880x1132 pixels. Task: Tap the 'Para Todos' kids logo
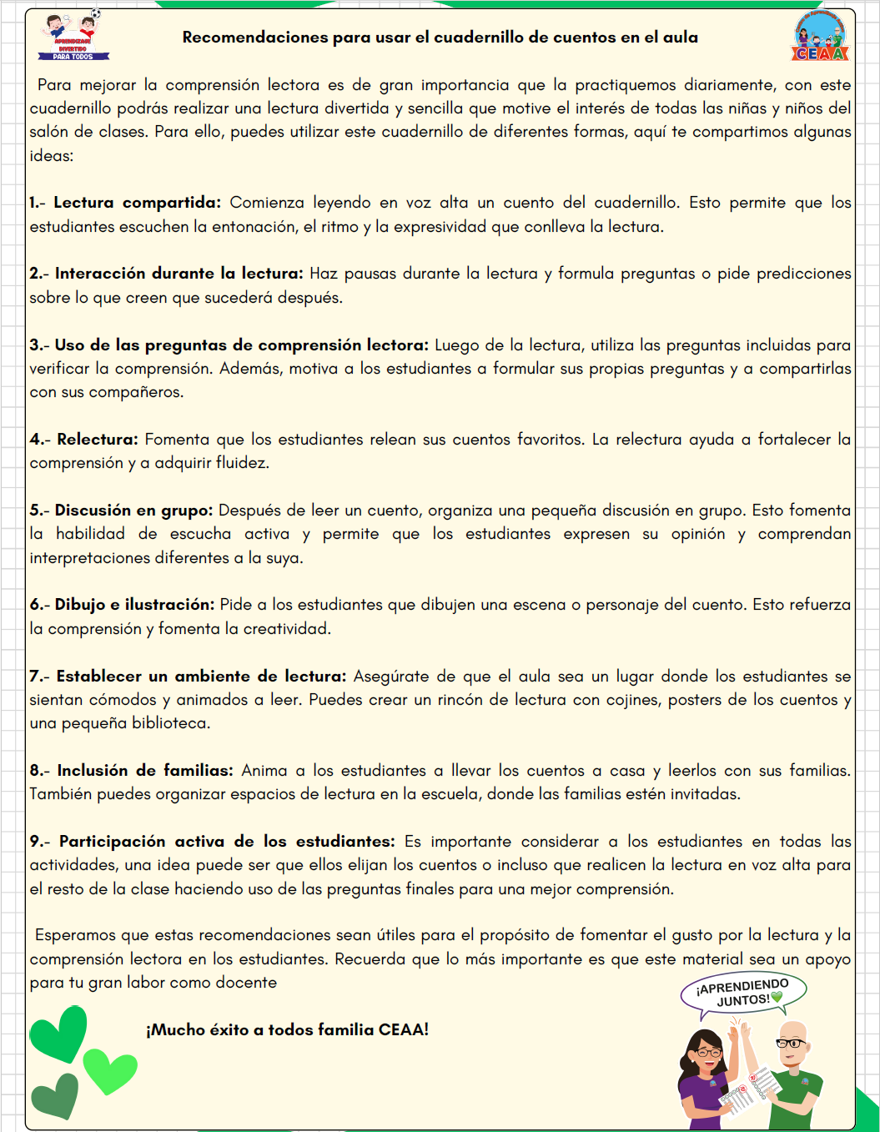(x=73, y=37)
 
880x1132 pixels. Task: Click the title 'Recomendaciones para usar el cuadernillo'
(x=440, y=38)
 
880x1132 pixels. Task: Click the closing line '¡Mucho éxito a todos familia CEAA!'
(x=288, y=1030)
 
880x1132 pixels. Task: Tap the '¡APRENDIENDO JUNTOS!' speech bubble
(x=742, y=994)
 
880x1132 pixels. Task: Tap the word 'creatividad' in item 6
(x=286, y=629)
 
